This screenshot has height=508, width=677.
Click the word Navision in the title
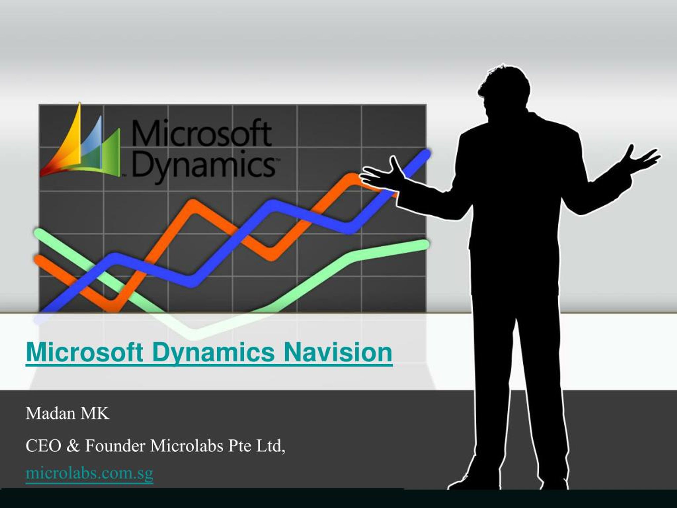pyautogui.click(x=338, y=352)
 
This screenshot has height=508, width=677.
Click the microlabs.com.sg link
pyautogui.click(x=89, y=473)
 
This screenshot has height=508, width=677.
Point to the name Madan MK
pyautogui.click(x=67, y=413)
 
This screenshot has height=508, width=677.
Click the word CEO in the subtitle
pyautogui.click(x=43, y=446)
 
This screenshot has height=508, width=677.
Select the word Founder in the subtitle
pyautogui.click(x=115, y=446)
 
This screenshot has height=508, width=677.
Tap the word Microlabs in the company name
pyautogui.click(x=186, y=446)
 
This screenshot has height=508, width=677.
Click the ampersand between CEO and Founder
pyautogui.click(x=73, y=446)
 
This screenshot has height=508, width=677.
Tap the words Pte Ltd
pyautogui.click(x=257, y=446)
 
